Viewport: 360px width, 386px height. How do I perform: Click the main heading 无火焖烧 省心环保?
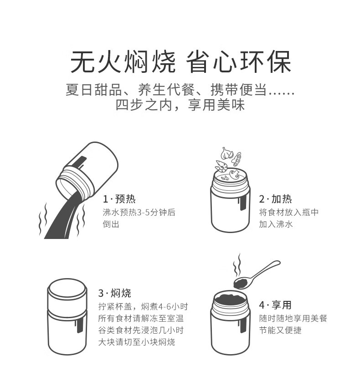(180, 62)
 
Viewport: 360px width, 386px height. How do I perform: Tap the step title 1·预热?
(119, 199)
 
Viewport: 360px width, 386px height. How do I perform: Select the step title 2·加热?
(276, 199)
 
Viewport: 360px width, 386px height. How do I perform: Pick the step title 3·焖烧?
(114, 293)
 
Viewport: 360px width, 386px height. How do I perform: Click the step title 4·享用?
(275, 305)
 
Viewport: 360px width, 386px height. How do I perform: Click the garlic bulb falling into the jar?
(226, 153)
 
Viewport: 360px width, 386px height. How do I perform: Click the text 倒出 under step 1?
(111, 224)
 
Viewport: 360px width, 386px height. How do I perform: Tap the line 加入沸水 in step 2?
(276, 224)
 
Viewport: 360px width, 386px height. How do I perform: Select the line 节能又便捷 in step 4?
(280, 330)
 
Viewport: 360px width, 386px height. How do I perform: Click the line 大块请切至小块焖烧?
(137, 342)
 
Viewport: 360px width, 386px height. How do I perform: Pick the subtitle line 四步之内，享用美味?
(180, 105)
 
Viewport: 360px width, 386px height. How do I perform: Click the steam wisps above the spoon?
(237, 265)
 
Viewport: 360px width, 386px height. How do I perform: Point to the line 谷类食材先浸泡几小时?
(141, 330)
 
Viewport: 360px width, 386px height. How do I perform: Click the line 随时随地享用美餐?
(293, 318)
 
